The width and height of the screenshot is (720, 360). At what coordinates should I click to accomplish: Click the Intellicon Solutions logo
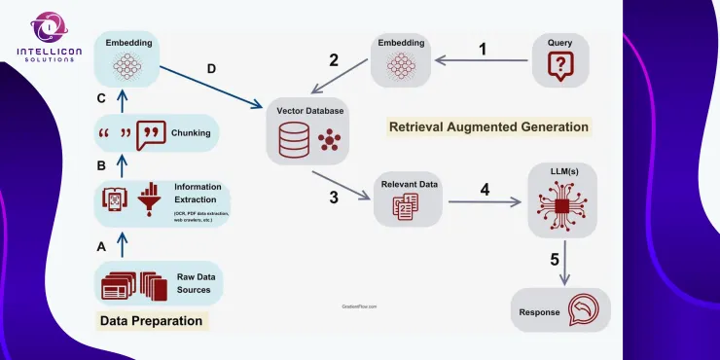pyautogui.click(x=44, y=37)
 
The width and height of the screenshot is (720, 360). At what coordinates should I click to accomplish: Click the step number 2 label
pyautogui.click(x=334, y=60)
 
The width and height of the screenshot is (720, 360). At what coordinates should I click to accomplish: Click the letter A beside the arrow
pyautogui.click(x=101, y=247)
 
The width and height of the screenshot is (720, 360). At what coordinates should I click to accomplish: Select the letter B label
pyautogui.click(x=101, y=166)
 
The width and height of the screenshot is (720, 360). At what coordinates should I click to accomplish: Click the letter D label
pyautogui.click(x=212, y=69)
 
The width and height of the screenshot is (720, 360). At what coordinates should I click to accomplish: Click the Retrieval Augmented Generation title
pyautogui.click(x=488, y=126)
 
